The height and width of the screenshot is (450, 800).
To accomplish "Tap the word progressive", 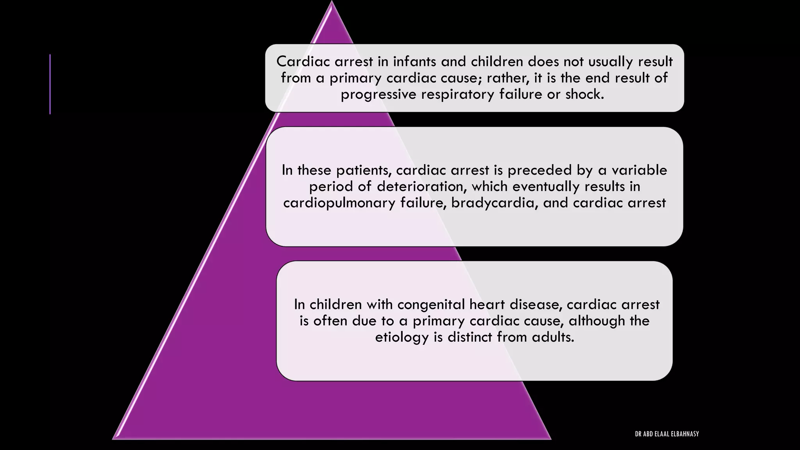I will coord(379,95).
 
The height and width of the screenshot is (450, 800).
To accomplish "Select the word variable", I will coord(639,170).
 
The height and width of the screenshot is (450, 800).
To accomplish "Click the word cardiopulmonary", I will coord(339,203).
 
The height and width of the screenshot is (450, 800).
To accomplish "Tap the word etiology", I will coord(402,337).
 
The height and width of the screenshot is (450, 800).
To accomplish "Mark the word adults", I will coord(553,337).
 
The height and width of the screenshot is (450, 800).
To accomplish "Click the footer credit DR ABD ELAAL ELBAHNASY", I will coord(667,434).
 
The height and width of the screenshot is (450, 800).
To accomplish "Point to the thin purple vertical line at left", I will coord(50,84).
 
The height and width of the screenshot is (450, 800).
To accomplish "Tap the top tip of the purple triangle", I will coord(332,3).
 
